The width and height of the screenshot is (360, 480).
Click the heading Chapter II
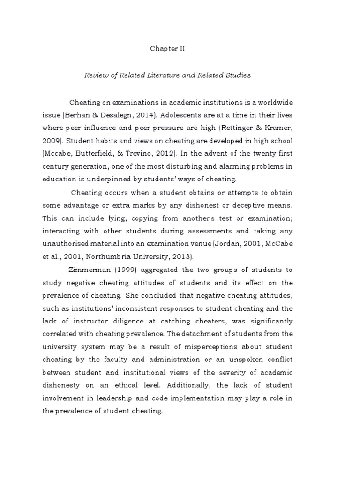[x=167, y=48]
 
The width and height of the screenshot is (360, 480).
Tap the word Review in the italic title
[x=95, y=75]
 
